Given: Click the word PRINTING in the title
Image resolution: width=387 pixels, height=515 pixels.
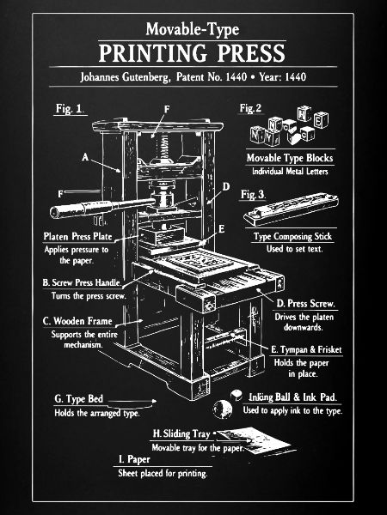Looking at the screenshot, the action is (153, 53).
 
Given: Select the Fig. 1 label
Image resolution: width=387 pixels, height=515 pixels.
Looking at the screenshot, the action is (69, 109).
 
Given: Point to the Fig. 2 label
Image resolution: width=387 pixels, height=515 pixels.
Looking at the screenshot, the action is (250, 108).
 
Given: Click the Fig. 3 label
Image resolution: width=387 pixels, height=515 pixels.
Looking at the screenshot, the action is (252, 194).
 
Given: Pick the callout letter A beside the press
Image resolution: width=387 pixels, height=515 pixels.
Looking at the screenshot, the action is (85, 157).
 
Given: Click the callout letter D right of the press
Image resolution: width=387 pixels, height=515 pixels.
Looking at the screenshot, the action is (225, 186).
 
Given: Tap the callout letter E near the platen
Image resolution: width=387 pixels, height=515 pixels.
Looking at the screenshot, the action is (222, 228).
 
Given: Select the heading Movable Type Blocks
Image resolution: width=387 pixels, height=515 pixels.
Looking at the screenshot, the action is (290, 158).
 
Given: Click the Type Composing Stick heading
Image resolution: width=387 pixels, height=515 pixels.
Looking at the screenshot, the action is (293, 236).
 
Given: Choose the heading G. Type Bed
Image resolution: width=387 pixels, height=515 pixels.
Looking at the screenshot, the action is (78, 399).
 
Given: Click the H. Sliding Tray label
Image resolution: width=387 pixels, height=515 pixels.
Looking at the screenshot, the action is (181, 433).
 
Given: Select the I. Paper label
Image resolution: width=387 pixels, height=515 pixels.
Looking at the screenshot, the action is (134, 459).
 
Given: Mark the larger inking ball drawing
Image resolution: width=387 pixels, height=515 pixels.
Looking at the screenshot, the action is (223, 409).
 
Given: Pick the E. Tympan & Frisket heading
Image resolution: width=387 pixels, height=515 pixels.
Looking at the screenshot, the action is (306, 350).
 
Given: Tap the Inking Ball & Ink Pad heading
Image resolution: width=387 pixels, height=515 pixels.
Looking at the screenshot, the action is (292, 397).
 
